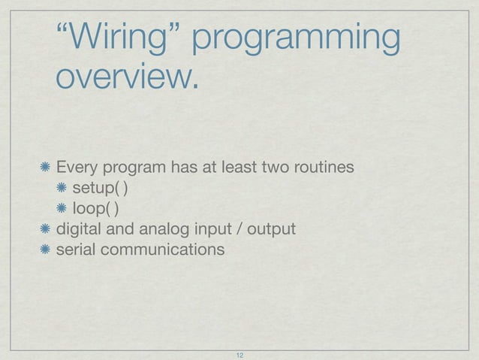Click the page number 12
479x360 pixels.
pyautogui.click(x=240, y=354)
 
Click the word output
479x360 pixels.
pyautogui.click(x=271, y=228)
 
